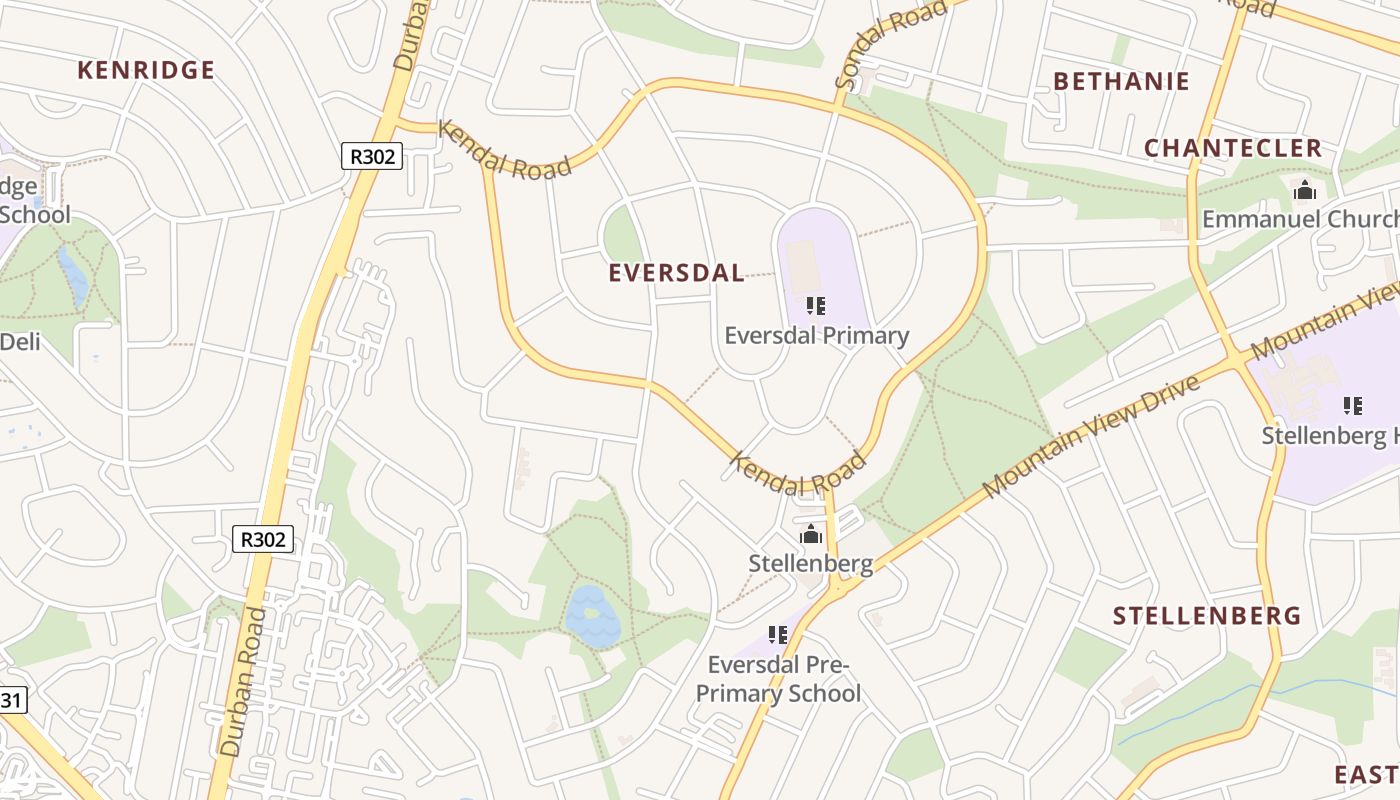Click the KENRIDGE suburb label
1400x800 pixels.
146,70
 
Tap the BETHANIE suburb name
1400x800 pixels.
1121,81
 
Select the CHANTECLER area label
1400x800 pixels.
1233,148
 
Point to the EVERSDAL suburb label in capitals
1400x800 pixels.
676,273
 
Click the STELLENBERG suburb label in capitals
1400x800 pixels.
1207,615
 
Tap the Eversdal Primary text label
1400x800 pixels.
816,335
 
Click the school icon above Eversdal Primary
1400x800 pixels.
816,306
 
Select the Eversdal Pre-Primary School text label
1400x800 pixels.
778,679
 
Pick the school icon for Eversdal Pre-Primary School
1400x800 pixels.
778,634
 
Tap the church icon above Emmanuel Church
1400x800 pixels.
1304,190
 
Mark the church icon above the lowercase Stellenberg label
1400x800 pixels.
811,534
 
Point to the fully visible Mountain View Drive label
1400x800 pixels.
1090,437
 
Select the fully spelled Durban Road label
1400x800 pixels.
244,680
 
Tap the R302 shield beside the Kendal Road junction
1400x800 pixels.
371,156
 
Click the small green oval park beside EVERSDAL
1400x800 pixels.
621,236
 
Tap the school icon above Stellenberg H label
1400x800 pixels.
1352,405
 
